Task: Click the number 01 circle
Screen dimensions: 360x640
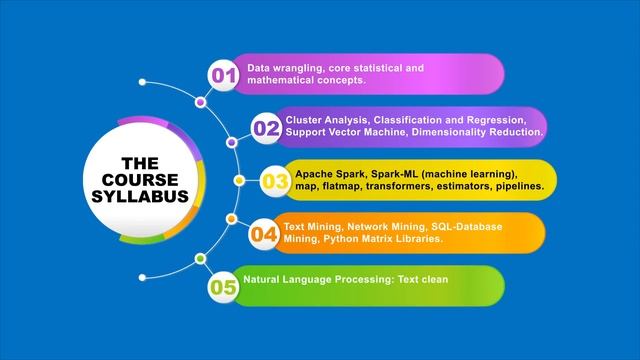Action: pyautogui.click(x=222, y=75)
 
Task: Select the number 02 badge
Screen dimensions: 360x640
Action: pyautogui.click(x=266, y=128)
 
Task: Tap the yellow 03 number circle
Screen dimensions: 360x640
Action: pyautogui.click(x=275, y=181)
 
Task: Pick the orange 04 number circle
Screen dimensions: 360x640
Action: pyautogui.click(x=264, y=234)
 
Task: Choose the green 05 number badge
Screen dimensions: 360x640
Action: pyautogui.click(x=222, y=287)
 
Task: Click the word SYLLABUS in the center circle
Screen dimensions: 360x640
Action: pyautogui.click(x=146, y=196)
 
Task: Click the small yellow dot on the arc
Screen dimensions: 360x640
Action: pyautogui.click(x=239, y=181)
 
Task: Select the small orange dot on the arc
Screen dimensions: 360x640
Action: pyautogui.click(x=231, y=218)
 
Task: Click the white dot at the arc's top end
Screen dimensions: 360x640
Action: pyautogui.click(x=143, y=82)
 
